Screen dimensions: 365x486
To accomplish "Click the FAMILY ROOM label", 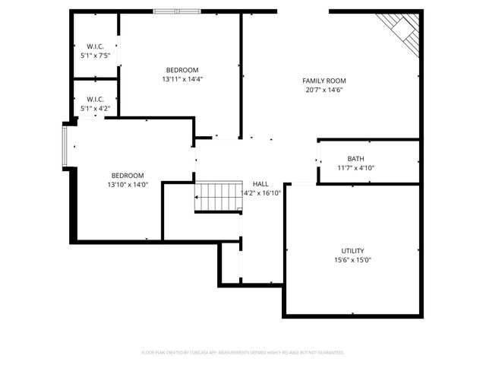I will tap(324, 81).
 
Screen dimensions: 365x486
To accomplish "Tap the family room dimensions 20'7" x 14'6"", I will tap(324, 90).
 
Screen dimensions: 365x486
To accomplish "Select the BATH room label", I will tap(355, 159).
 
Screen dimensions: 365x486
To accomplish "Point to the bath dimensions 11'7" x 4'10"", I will tap(355, 168).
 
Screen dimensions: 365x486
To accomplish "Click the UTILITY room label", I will tap(352, 251).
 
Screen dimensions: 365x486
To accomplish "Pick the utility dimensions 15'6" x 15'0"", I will tap(352, 260).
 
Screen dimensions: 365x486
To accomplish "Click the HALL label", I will tap(260, 184).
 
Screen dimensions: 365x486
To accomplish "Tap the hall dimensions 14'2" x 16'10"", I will tap(260, 193).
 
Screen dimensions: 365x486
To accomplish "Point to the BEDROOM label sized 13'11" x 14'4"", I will tap(182, 70).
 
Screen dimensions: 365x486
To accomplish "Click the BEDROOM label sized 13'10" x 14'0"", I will tap(128, 175).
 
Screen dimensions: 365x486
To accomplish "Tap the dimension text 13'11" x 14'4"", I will tap(182, 79).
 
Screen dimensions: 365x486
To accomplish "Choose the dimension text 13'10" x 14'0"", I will tap(128, 184).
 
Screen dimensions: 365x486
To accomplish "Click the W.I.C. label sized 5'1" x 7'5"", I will tap(95, 46).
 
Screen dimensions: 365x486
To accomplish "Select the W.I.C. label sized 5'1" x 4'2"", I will tap(95, 100).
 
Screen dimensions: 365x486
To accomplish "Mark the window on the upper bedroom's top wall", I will tap(177, 11).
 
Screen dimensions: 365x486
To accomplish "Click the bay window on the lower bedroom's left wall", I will tap(66, 146).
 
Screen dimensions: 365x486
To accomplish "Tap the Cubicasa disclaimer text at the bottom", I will tap(243, 352).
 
